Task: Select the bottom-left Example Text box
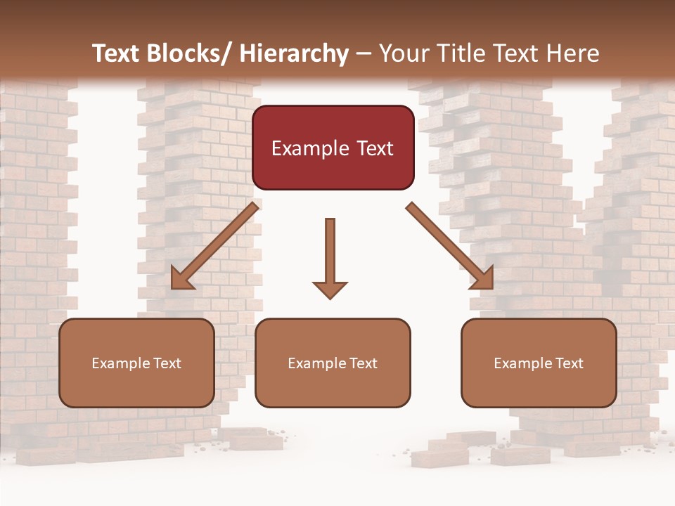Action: pyautogui.click(x=136, y=363)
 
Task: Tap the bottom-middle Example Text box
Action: pyautogui.click(x=333, y=363)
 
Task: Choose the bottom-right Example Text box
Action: pyautogui.click(x=539, y=363)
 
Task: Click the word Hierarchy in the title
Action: pyautogui.click(x=294, y=53)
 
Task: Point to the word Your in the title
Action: pyautogui.click(x=404, y=53)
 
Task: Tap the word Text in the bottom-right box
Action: pyautogui.click(x=568, y=363)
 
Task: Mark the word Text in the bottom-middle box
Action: pyautogui.click(x=362, y=363)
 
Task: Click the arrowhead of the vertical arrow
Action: pyautogui.click(x=330, y=289)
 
